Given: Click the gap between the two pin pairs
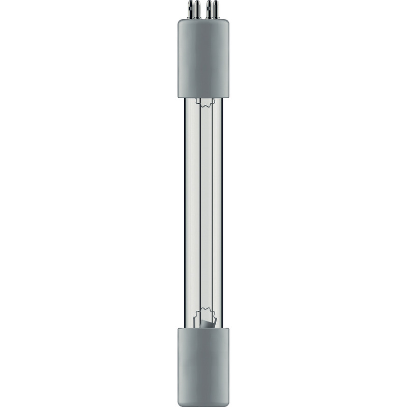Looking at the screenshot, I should [x=203, y=12].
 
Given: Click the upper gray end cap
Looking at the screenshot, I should [x=203, y=59].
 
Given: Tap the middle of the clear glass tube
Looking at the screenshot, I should [x=203, y=214].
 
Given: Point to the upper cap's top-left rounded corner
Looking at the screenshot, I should [x=180, y=22].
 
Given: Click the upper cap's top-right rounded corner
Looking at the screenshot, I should [x=227, y=22].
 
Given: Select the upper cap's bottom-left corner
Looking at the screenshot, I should [x=179, y=96].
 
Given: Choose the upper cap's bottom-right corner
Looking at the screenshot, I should [x=228, y=96].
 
